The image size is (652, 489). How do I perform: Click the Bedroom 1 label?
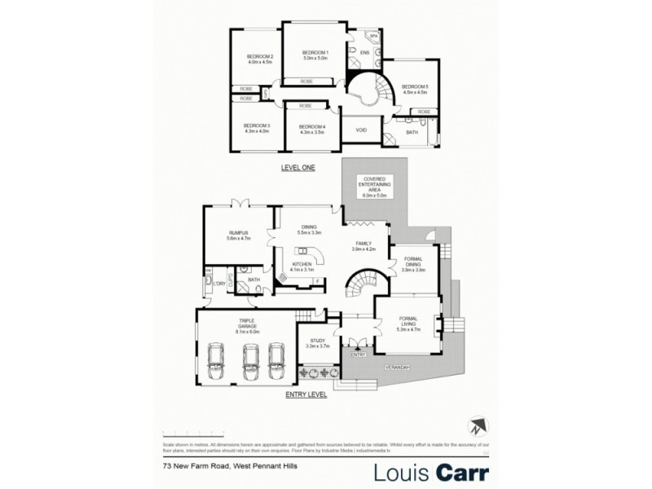tap(315, 55)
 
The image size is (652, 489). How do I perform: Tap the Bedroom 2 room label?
tap(259, 58)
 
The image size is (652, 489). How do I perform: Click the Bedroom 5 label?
tap(415, 89)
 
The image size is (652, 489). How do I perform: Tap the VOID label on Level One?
tap(360, 130)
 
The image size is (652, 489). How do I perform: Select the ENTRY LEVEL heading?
tap(306, 394)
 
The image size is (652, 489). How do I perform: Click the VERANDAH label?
tap(398, 367)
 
